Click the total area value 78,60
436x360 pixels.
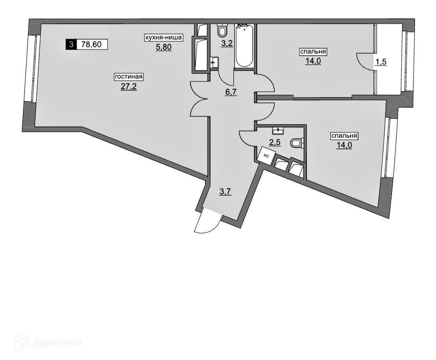(x=92, y=44)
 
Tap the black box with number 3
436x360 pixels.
(x=71, y=44)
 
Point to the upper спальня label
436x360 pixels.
(x=312, y=52)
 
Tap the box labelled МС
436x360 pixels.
(x=267, y=156)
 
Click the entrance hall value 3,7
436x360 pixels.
(x=224, y=192)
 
